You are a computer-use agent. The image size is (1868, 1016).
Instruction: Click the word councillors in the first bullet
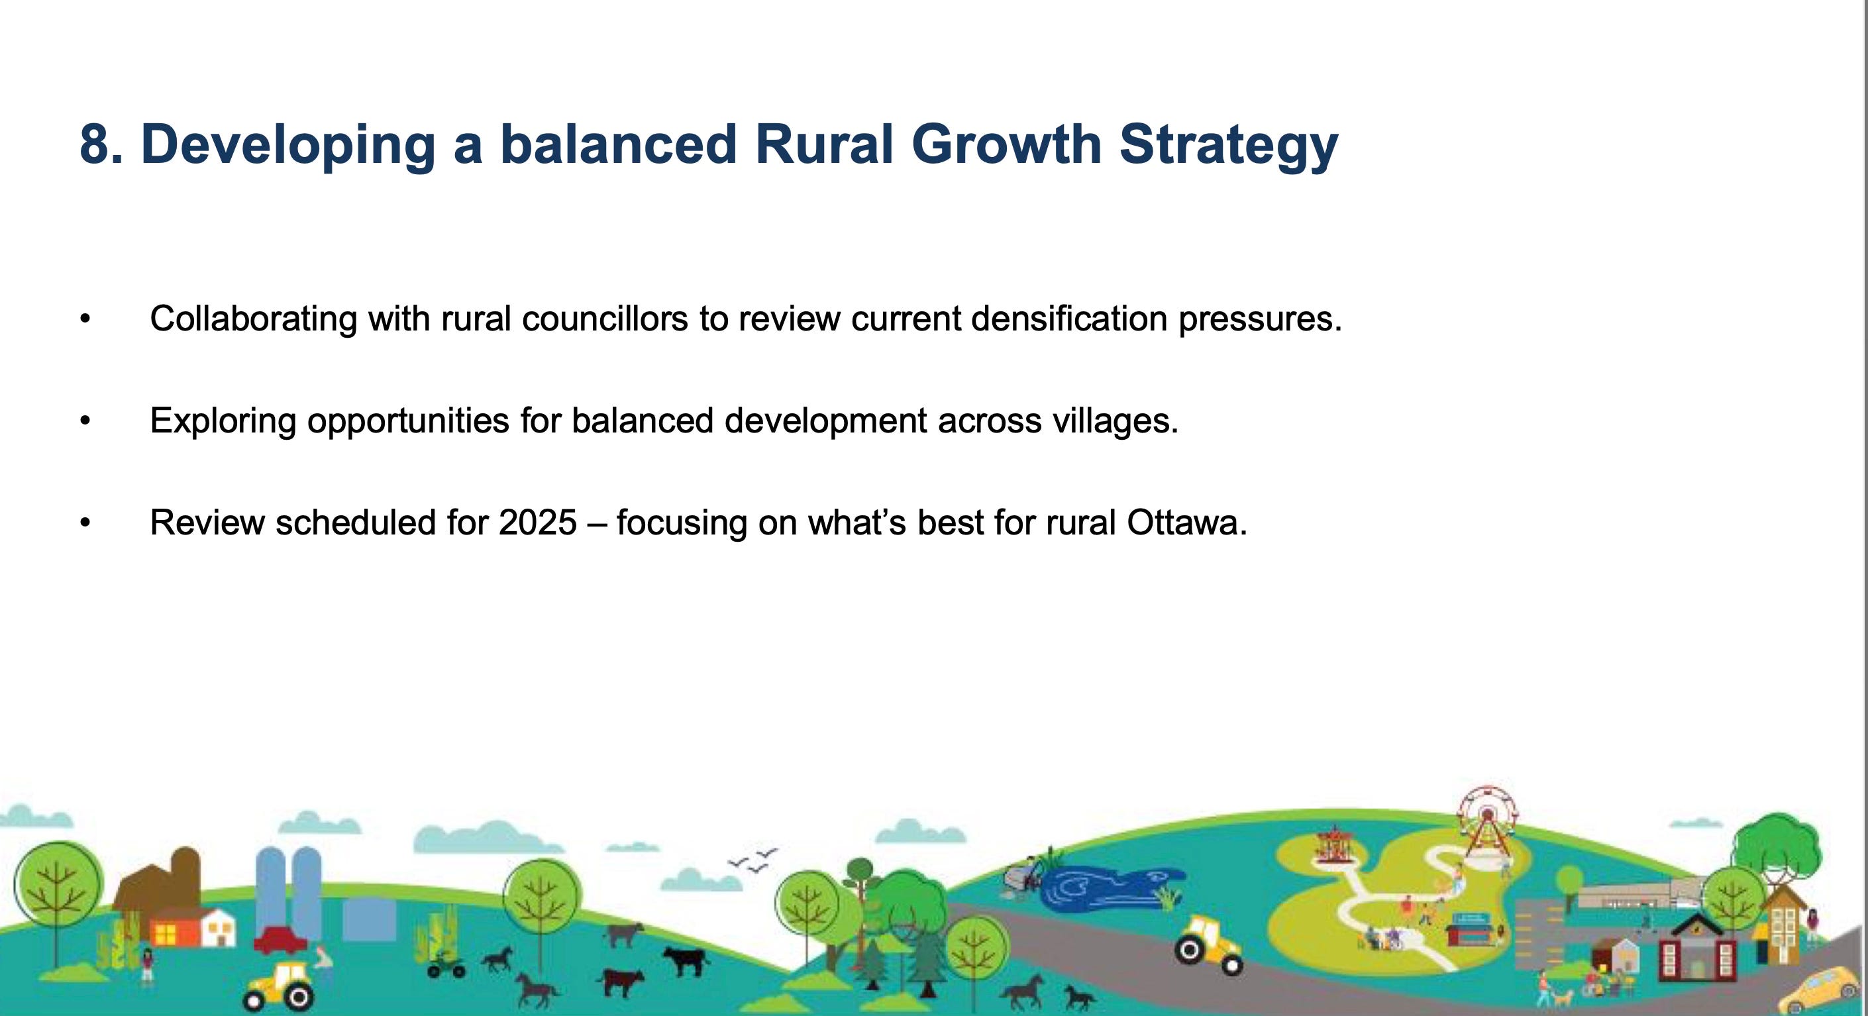click(605, 319)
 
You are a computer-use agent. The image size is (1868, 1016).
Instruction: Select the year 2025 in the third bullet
click(537, 522)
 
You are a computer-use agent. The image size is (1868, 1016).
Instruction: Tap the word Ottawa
click(1186, 522)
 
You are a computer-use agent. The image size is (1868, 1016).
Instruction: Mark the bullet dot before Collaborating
click(85, 319)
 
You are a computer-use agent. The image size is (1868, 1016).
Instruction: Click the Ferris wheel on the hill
click(1487, 823)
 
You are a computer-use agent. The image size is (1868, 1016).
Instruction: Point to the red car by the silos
click(280, 940)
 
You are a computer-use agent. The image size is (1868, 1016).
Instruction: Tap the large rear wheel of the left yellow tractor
click(298, 998)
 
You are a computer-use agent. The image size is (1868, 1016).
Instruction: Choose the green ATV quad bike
click(445, 965)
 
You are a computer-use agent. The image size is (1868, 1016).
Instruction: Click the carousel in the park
click(1333, 844)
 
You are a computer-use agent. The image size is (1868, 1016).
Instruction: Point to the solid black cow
click(686, 962)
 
